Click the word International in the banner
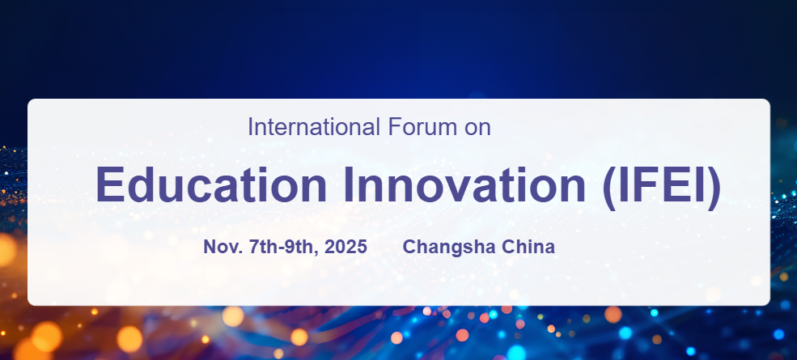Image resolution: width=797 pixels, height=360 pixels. [314, 127]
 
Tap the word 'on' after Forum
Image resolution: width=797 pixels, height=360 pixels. [477, 129]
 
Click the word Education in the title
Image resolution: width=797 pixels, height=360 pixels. [211, 184]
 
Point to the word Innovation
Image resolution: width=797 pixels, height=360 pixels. [464, 184]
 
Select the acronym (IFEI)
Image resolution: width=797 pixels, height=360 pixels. [661, 186]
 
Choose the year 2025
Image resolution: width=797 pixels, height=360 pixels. [346, 247]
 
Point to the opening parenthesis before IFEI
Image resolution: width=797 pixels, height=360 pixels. [609, 187]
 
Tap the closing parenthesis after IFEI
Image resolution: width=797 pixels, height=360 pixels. [714, 187]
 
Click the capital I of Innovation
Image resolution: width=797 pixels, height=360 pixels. [348, 184]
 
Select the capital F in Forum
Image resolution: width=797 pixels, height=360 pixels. [394, 127]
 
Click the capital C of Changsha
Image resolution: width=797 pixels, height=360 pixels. [409, 247]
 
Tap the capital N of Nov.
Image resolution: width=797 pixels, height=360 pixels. [210, 247]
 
